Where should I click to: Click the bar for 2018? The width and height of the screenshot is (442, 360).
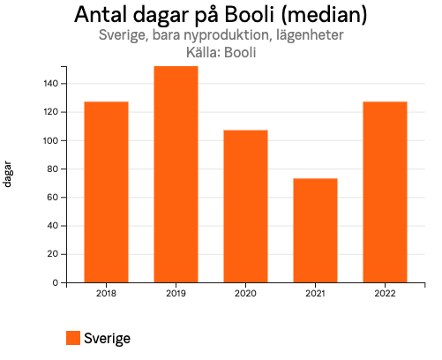point(106,192)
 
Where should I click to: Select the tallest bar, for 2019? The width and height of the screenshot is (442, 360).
point(176,175)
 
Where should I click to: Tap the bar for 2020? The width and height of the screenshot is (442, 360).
point(245,206)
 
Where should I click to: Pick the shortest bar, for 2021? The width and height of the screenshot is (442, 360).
point(315,230)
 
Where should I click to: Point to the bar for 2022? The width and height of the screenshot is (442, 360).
point(385,192)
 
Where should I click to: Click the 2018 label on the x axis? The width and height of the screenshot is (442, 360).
point(106,293)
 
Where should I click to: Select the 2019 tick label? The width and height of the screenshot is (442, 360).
point(176,293)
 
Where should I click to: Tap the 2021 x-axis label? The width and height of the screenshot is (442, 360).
point(315,293)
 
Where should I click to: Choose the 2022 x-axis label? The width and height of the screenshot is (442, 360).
point(385,293)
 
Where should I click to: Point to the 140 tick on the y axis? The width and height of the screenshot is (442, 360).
point(50,84)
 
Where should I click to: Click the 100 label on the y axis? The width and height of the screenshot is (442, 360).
point(50,140)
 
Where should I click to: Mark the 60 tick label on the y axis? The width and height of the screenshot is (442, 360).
point(53,198)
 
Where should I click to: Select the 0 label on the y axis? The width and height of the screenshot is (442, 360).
point(56,282)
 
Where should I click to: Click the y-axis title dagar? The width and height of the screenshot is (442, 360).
point(8,174)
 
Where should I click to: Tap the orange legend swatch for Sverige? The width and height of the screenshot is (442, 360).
point(73,338)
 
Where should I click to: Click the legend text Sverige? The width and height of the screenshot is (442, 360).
point(108,338)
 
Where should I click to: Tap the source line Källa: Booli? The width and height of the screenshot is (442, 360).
point(221,52)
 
